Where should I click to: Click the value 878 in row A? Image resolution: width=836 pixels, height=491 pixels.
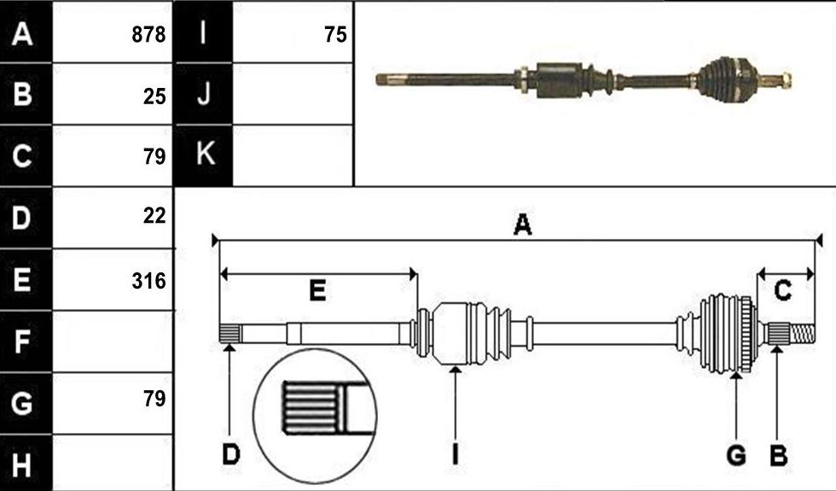click(x=148, y=35)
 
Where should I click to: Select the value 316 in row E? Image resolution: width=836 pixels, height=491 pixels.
click(x=148, y=281)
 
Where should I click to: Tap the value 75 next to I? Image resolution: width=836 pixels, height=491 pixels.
click(x=335, y=35)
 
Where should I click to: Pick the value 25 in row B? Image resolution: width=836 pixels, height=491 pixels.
click(x=154, y=96)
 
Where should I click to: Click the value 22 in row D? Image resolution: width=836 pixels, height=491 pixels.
click(x=154, y=215)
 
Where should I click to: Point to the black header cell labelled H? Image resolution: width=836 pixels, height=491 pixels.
click(x=26, y=463)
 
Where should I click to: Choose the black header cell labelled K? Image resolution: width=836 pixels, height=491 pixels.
click(x=204, y=155)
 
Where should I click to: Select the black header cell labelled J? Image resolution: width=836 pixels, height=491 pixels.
click(x=204, y=94)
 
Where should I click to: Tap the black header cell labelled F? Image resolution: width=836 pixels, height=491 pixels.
click(x=26, y=342)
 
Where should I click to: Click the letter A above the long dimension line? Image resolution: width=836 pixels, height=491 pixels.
click(x=522, y=225)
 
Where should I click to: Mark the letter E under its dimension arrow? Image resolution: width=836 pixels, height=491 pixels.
click(x=317, y=291)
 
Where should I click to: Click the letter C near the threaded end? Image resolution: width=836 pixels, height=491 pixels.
click(x=782, y=291)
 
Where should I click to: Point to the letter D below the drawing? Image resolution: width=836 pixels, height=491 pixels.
click(x=231, y=454)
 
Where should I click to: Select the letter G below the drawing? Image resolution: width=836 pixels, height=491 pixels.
click(x=736, y=455)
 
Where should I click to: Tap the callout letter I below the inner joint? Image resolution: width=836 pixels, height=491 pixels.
click(x=455, y=454)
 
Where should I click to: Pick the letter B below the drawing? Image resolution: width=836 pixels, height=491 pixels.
click(x=778, y=455)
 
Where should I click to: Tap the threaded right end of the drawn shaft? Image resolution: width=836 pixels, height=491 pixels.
click(x=802, y=334)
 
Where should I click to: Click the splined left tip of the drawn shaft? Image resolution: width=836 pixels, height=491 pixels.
click(x=229, y=335)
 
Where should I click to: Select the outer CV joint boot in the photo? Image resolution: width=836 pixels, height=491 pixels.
click(x=718, y=79)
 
